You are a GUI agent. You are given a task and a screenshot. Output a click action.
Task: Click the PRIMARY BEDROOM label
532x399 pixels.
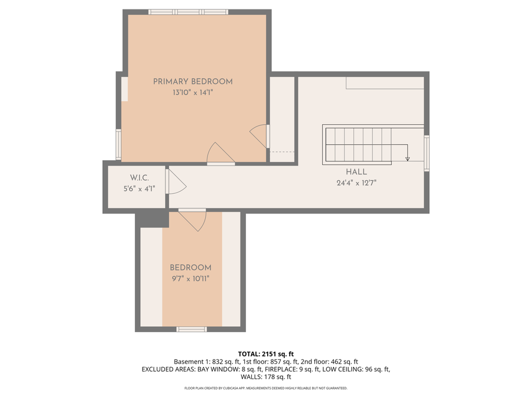(193, 82)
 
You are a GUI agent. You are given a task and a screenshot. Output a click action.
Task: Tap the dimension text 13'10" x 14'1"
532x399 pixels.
(193, 93)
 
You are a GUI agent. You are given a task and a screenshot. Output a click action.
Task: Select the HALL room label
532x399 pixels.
(356, 172)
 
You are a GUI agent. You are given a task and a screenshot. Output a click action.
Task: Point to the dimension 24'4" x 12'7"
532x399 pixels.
(356, 183)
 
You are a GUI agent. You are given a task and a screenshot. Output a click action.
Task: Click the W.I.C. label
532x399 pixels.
(139, 178)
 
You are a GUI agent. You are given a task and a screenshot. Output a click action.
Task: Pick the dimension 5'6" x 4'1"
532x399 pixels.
(139, 189)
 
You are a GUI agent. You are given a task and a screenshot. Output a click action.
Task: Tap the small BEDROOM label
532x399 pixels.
(190, 268)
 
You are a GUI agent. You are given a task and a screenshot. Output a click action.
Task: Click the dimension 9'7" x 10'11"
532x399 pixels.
(190, 279)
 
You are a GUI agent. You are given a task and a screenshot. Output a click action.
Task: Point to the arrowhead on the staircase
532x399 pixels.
(407, 158)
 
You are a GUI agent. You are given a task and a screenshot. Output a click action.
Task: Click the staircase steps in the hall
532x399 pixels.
(358, 145)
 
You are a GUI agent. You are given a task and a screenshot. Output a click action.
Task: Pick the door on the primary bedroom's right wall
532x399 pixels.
(260, 136)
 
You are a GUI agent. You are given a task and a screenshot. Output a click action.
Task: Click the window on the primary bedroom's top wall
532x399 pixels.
(188, 12)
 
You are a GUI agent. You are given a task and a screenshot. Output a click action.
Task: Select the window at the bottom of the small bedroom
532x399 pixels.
(192, 329)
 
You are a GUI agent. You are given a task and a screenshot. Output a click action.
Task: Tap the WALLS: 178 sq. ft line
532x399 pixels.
(265, 377)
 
